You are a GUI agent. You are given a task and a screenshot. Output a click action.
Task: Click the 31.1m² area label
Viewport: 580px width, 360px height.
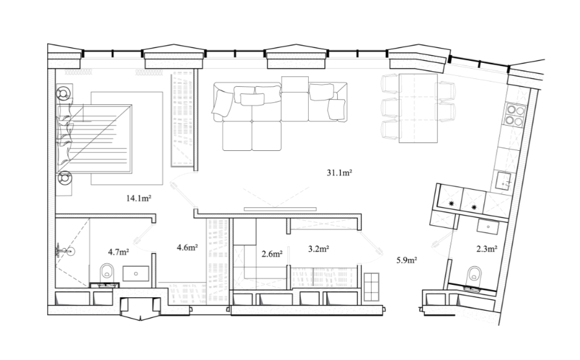[339, 173]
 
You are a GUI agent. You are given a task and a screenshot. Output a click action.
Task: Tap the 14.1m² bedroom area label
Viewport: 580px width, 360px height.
[139, 198]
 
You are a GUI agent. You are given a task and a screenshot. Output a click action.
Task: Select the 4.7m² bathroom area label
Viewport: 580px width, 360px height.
[118, 253]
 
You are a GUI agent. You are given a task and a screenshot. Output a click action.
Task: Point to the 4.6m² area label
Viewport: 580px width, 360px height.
[187, 247]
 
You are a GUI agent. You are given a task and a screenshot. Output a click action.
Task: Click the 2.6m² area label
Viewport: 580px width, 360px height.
[272, 254]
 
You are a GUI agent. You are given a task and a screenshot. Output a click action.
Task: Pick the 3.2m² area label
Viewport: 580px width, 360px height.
[319, 249]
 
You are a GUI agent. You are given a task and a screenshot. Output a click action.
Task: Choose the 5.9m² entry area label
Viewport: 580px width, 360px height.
[407, 260]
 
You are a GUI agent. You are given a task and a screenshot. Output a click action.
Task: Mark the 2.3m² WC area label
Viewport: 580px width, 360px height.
[486, 249]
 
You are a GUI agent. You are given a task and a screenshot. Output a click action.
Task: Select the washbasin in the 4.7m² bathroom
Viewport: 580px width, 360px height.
[136, 274]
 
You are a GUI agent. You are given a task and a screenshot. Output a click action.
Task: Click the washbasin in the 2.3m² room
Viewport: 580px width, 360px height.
[487, 226]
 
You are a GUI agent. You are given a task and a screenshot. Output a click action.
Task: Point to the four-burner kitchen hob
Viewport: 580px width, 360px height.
[515, 115]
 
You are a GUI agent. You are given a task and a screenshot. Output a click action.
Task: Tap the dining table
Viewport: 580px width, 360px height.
[418, 108]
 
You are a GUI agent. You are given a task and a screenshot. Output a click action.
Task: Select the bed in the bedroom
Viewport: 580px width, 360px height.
[95, 139]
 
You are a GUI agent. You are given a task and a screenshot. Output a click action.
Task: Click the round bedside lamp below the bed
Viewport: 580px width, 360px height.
[64, 178]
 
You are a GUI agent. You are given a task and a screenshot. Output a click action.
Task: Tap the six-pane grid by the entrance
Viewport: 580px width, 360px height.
[372, 287]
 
